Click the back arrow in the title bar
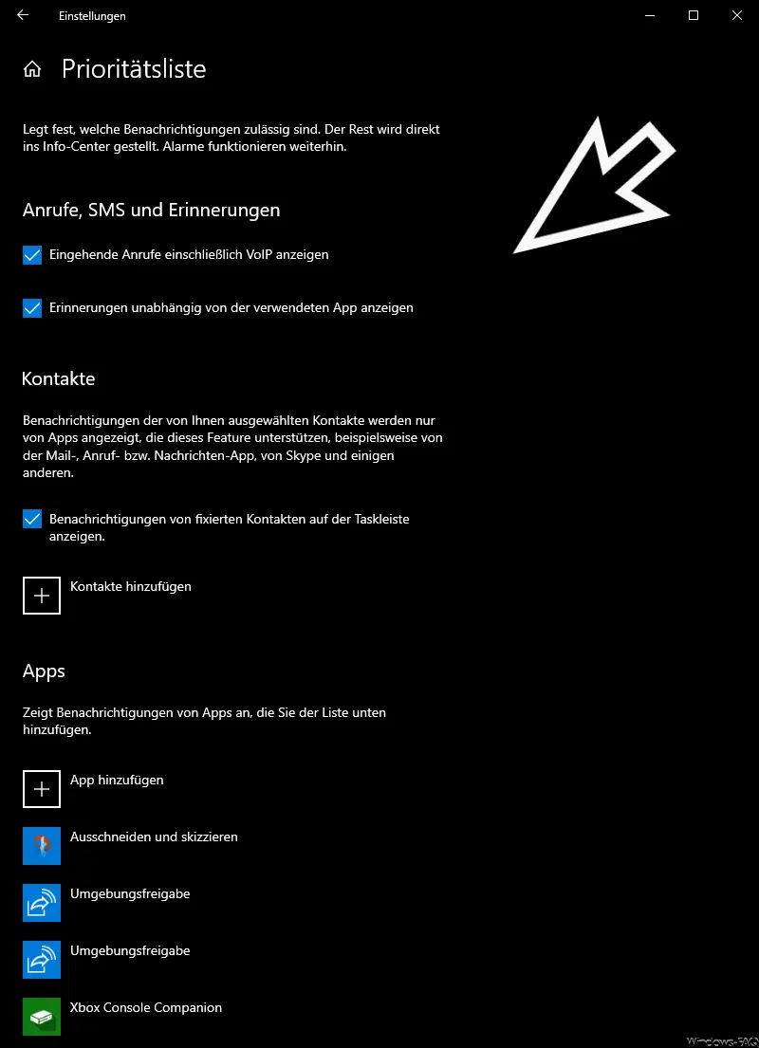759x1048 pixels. (x=23, y=15)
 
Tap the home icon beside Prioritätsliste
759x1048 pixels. (x=32, y=69)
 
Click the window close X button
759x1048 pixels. (x=737, y=15)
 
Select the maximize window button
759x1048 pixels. (x=694, y=15)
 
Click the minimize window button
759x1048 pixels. (x=650, y=15)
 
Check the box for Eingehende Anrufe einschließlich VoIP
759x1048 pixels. (x=32, y=255)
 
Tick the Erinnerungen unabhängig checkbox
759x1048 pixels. (x=32, y=308)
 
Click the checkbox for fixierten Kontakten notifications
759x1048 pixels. (x=32, y=520)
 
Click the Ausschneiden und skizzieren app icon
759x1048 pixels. (x=42, y=846)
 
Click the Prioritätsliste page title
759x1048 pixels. (x=134, y=69)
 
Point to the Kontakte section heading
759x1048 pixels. (x=59, y=378)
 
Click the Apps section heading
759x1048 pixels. (x=44, y=671)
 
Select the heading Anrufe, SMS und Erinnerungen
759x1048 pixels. (x=151, y=211)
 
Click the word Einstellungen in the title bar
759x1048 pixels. (x=92, y=16)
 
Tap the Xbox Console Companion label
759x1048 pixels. (x=146, y=1007)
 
